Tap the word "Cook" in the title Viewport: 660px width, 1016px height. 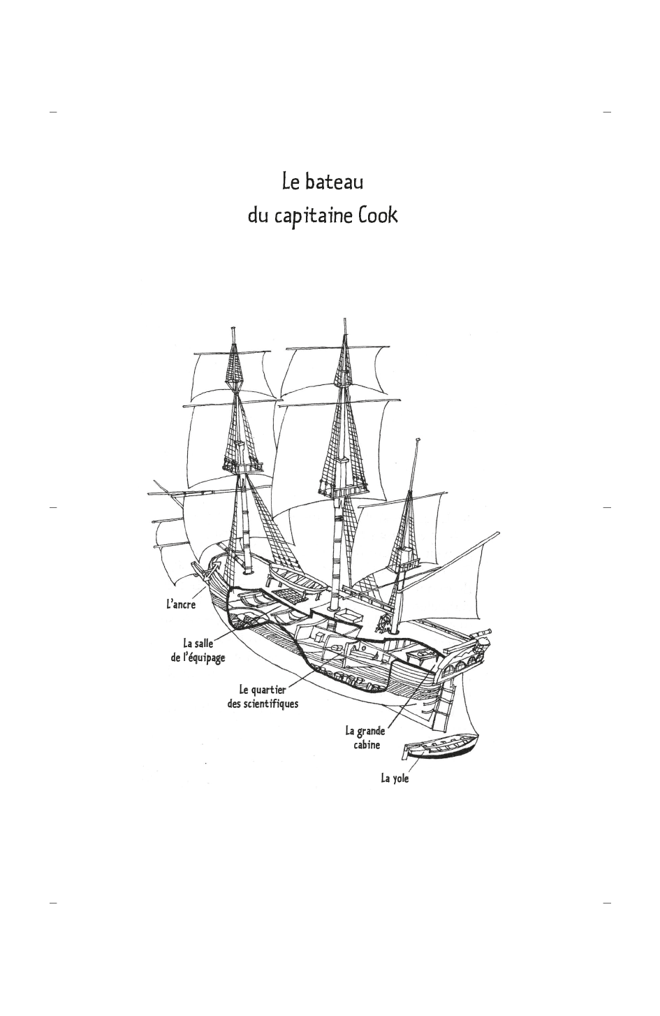pos(378,215)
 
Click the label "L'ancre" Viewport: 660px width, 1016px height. pos(181,604)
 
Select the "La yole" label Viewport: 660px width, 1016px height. pos(395,779)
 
